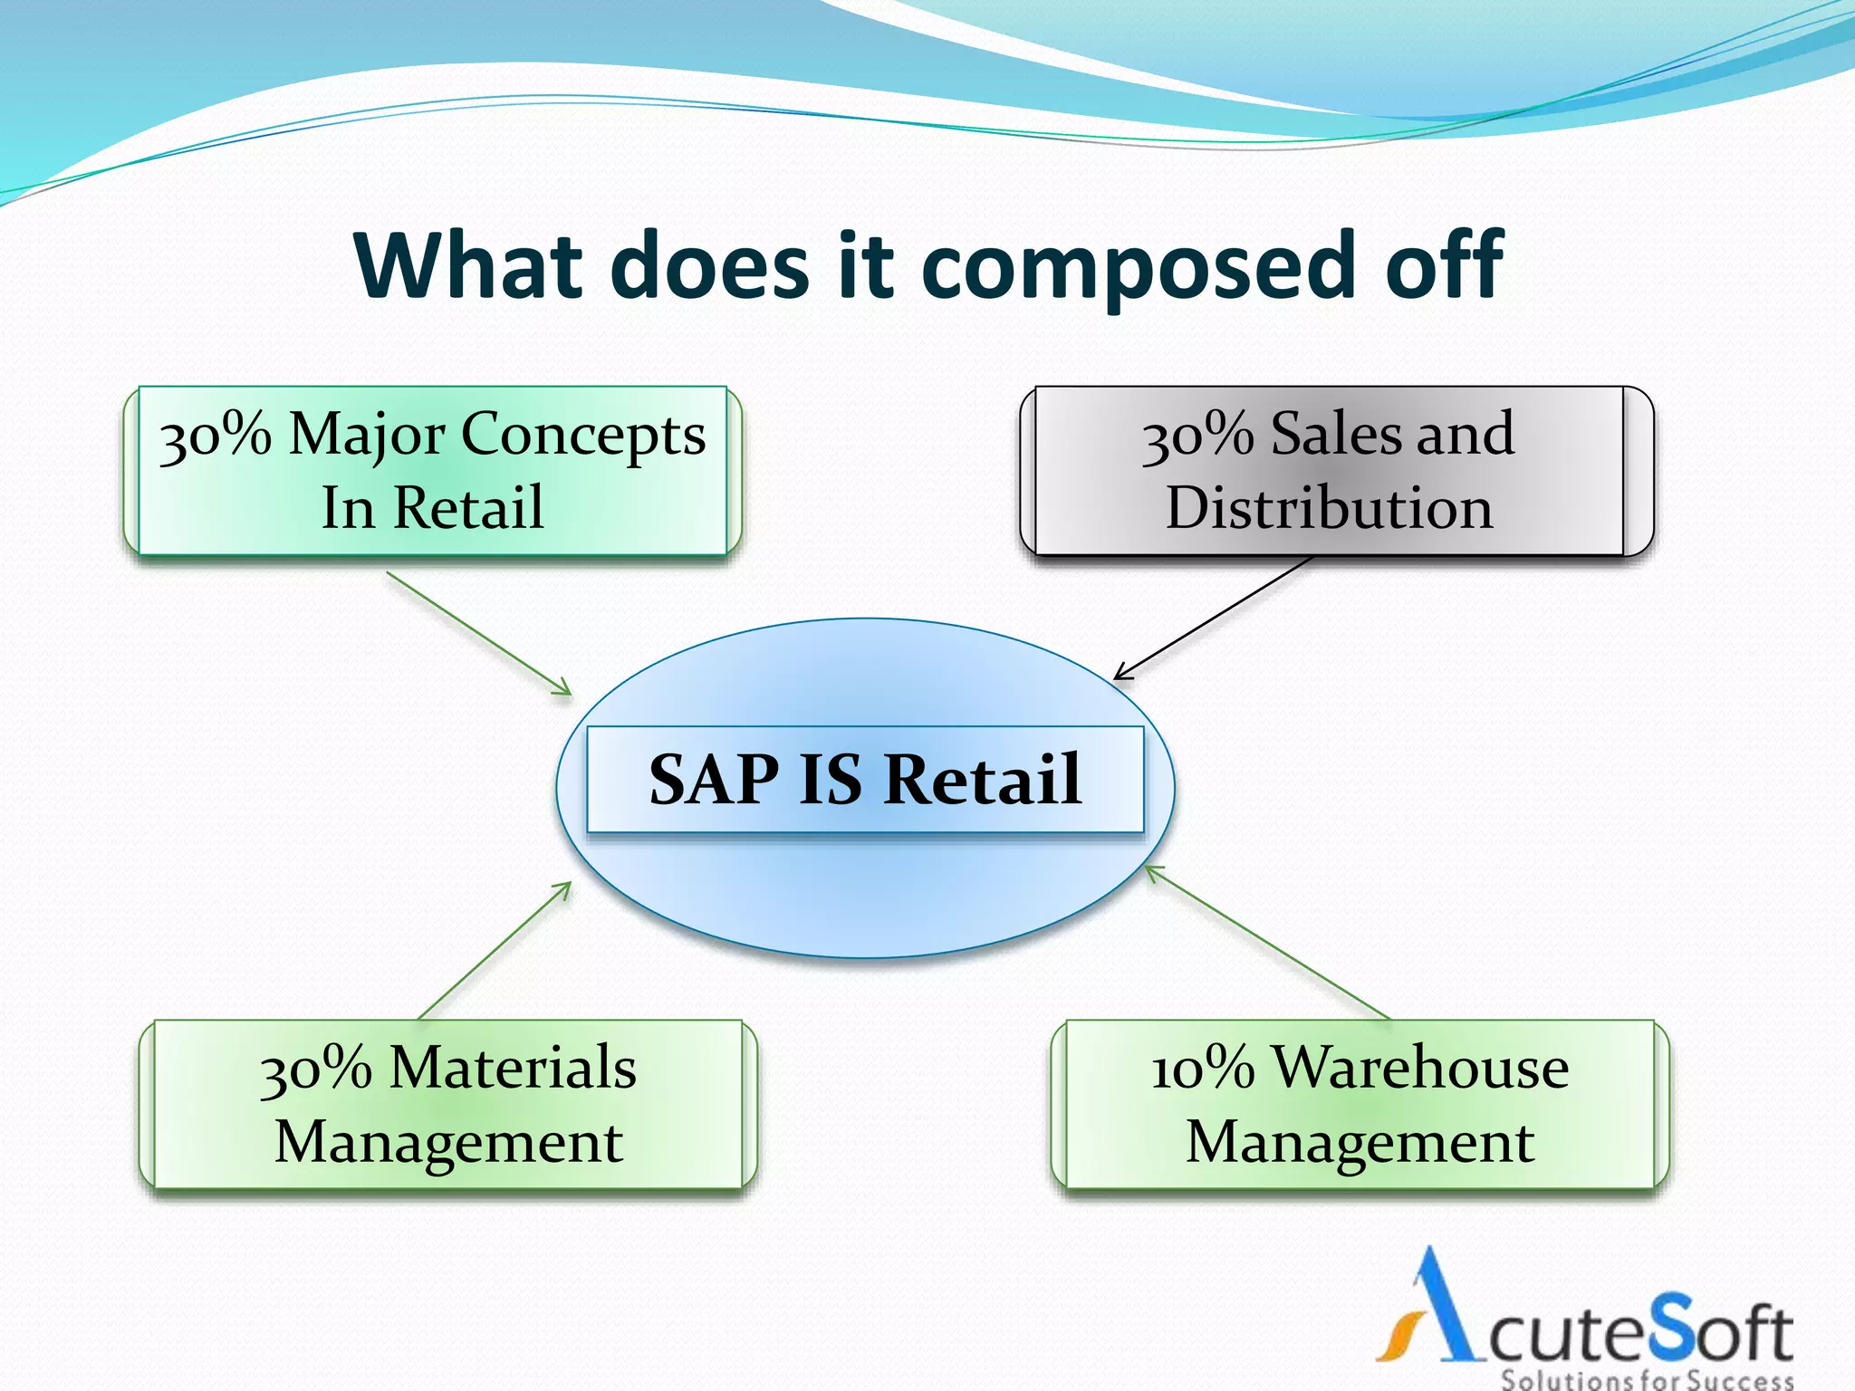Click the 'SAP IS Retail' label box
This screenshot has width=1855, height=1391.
865,779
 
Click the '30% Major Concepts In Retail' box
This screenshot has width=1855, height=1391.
433,471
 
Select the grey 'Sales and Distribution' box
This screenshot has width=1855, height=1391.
1329,471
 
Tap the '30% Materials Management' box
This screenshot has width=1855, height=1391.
448,1104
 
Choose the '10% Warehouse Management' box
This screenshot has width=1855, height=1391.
1360,1104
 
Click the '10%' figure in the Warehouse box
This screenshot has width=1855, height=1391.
1203,1069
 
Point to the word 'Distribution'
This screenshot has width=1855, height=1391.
1329,508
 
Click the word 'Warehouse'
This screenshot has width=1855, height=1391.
1420,1069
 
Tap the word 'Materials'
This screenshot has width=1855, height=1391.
513,1069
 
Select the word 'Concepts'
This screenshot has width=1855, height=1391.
583,435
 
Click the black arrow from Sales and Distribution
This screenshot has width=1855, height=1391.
1214,618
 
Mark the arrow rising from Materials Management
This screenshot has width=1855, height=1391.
495,951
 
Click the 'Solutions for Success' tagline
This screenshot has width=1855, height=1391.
1647,1380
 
